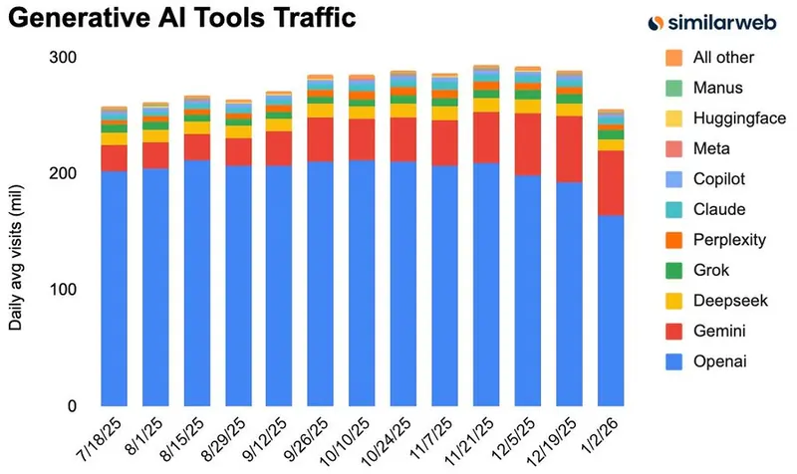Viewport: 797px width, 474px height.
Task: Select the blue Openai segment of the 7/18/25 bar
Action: [x=114, y=289]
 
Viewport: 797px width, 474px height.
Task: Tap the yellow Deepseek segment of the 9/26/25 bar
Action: [x=321, y=111]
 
